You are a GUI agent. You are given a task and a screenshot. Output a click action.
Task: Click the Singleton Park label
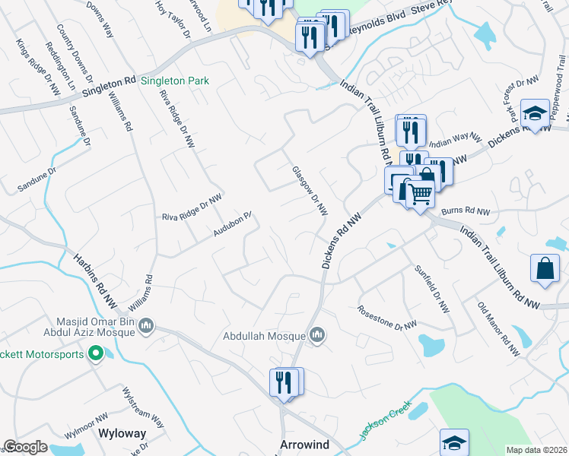[175, 80]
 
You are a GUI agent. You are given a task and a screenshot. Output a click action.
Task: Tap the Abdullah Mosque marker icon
[317, 334]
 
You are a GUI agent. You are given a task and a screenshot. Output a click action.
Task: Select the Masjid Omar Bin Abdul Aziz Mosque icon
[147, 327]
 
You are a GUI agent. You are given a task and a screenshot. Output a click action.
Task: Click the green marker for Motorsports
[96, 353]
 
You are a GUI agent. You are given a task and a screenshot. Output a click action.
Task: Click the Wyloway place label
[122, 433]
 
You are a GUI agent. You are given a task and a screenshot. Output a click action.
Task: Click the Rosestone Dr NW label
[387, 317]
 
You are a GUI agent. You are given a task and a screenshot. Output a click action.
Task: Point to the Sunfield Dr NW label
[432, 290]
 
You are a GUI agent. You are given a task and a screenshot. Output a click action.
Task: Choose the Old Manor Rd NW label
[498, 329]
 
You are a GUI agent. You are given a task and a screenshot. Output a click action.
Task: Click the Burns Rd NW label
[466, 212]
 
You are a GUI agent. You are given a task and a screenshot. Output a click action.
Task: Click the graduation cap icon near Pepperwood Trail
[535, 113]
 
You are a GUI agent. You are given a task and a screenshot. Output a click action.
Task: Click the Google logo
[25, 447]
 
